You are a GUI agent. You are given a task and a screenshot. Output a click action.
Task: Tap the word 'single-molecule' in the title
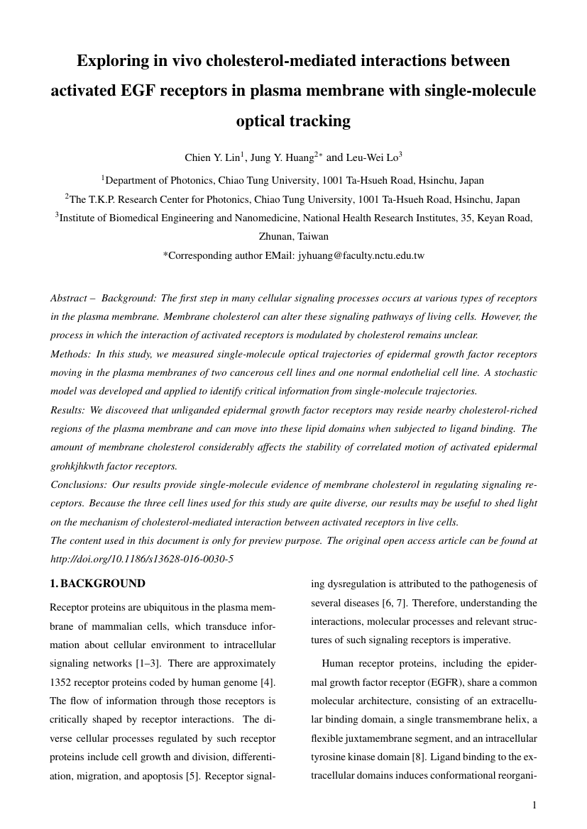point(482,91)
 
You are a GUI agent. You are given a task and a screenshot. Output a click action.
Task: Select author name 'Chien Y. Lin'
point(209,157)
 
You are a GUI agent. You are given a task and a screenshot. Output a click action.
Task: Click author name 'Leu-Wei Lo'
point(372,157)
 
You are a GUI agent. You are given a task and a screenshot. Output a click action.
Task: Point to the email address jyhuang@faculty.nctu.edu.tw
point(360,255)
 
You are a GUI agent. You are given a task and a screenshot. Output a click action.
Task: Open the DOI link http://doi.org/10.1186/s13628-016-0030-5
point(142,559)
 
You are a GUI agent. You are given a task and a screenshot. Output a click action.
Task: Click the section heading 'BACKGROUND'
point(103,584)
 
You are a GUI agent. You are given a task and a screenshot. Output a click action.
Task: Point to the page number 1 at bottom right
point(534,804)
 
